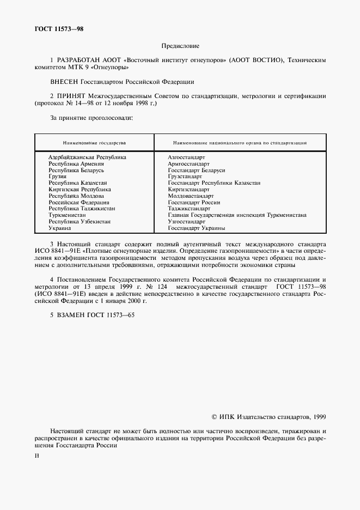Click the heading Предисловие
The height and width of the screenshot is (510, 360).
180,46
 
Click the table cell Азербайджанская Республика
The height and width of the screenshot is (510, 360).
87,157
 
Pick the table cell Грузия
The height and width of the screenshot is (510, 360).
57,177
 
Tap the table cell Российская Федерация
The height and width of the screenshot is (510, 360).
77,202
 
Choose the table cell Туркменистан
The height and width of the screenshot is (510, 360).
67,215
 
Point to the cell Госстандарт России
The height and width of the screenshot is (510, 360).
194,202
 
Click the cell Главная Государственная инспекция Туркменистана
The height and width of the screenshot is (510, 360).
237,215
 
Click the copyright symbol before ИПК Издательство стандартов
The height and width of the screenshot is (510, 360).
213,416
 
